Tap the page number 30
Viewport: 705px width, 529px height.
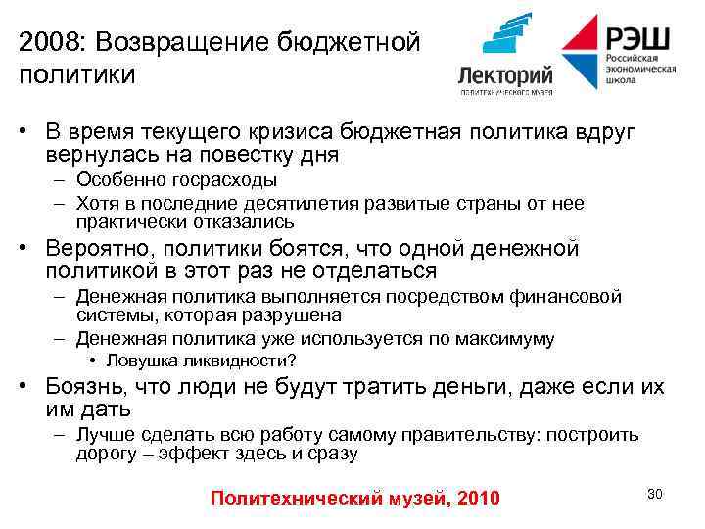tap(654, 494)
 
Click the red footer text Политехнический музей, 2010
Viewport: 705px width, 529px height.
tap(354, 499)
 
